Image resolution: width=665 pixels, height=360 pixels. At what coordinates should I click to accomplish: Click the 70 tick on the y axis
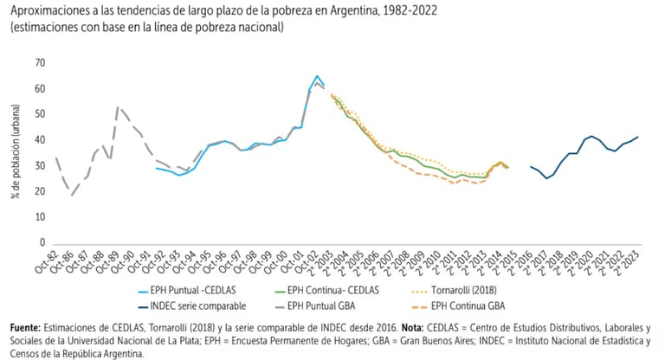click(x=40, y=63)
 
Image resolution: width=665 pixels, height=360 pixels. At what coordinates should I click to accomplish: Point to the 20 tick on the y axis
click(x=40, y=191)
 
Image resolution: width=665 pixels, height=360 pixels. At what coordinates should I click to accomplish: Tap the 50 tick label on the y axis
click(x=40, y=114)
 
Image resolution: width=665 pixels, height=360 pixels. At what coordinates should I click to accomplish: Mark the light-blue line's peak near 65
click(x=317, y=76)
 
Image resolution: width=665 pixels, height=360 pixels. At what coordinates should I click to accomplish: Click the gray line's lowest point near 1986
click(x=73, y=195)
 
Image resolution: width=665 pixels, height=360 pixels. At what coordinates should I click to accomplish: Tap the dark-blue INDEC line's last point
click(x=638, y=137)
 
